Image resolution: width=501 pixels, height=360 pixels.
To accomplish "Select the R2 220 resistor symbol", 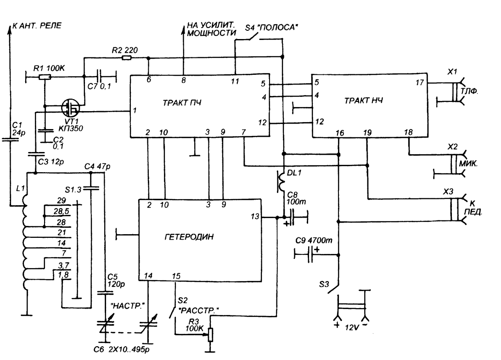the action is click(x=127, y=58).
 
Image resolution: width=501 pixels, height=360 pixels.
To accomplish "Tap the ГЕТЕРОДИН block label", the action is click(x=189, y=237).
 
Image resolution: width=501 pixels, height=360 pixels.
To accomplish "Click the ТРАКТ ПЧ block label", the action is click(x=182, y=103).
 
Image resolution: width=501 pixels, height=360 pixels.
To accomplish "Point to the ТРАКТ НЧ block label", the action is click(x=364, y=101).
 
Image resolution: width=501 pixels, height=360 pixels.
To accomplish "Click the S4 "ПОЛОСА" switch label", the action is click(x=271, y=28).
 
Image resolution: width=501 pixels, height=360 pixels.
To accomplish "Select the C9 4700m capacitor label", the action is click(x=314, y=240).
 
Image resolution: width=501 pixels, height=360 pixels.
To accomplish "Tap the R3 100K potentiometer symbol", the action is click(x=210, y=335).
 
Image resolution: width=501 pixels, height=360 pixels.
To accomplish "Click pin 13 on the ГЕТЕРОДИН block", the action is click(x=255, y=217).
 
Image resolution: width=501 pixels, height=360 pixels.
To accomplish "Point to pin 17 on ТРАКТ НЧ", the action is click(x=420, y=83).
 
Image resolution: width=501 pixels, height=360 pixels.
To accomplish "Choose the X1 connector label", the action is click(x=452, y=72).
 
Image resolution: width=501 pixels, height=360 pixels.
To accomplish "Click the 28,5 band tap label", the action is click(x=62, y=212).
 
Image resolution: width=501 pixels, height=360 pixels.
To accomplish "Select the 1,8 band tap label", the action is click(x=63, y=275).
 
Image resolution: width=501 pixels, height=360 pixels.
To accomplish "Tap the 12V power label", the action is click(x=352, y=328).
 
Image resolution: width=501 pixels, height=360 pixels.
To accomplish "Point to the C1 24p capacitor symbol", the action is click(x=10, y=139).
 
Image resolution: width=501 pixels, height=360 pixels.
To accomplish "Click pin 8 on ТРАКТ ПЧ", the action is click(x=183, y=80).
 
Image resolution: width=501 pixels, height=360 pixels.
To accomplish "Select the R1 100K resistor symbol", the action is click(x=45, y=77).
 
